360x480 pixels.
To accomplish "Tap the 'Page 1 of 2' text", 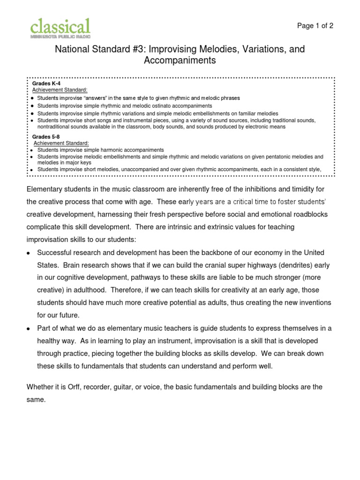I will [315, 26].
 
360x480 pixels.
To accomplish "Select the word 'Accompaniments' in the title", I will [180, 60].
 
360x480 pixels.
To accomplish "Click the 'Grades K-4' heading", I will [46, 83].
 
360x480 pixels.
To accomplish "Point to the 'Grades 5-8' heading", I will [46, 136].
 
